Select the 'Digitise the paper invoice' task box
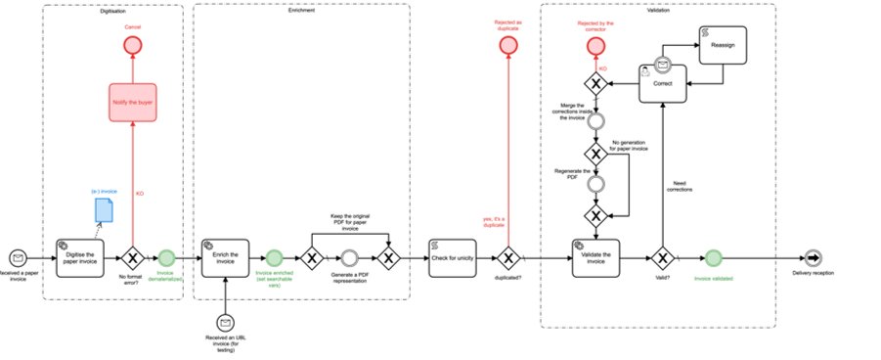79,258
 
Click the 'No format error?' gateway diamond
133,259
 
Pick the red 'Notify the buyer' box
133,101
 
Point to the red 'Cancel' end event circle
133,47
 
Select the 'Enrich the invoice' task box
226,258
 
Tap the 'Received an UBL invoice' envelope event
226,322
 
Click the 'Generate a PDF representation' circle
349,259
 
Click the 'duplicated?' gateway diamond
508,259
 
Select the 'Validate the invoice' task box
596,258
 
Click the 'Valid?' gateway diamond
663,259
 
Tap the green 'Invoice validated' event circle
714,259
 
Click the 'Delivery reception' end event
814,259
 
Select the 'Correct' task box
662,81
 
